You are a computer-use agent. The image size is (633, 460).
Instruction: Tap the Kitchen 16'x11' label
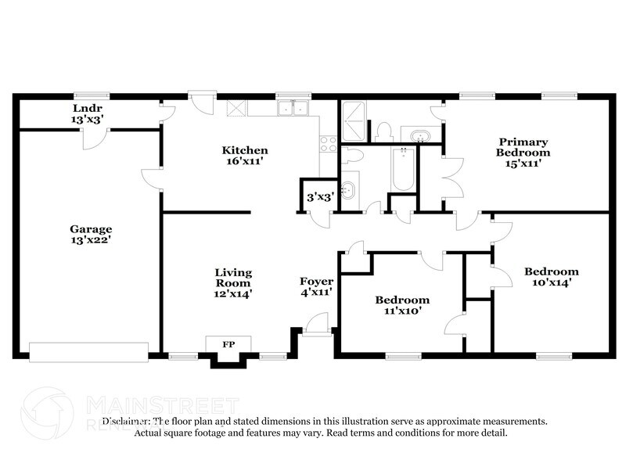click(245, 156)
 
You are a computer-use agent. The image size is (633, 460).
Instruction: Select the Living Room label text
click(233, 282)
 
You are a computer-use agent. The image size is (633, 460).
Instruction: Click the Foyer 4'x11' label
click(317, 287)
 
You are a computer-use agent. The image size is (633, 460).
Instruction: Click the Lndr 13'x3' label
click(88, 114)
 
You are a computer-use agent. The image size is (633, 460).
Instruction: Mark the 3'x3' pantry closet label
click(321, 197)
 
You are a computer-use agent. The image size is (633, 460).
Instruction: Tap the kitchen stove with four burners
click(329, 145)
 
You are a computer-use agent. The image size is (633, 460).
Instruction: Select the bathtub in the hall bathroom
click(403, 170)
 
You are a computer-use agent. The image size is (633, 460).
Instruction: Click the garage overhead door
click(88, 352)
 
